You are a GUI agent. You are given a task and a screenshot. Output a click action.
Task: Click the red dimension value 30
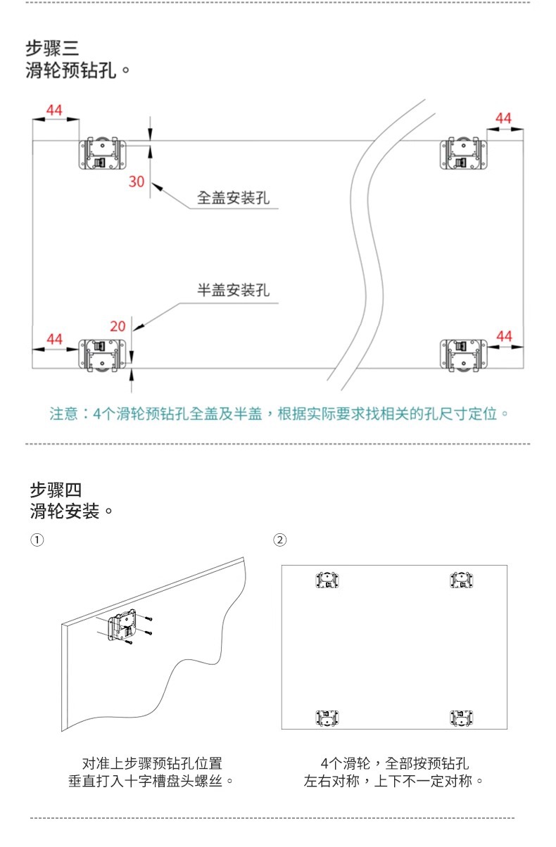point(137,181)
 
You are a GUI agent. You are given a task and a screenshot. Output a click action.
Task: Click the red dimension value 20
point(118,326)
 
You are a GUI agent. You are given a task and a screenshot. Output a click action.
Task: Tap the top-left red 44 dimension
point(54,110)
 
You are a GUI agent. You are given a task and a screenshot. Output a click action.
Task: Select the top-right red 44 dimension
point(503,118)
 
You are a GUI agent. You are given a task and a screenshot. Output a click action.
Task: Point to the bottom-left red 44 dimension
point(54,339)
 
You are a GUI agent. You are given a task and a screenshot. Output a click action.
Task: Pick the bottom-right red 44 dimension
point(504,336)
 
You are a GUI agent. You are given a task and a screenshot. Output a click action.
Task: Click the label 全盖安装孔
point(232,198)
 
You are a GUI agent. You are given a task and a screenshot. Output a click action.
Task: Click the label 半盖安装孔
point(232,290)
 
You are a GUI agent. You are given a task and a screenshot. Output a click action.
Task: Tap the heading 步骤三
point(52,49)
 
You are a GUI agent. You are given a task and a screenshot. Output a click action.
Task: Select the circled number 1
point(36,540)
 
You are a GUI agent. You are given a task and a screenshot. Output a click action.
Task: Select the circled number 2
point(280,540)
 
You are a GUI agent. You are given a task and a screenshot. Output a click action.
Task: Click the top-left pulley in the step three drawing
point(103,153)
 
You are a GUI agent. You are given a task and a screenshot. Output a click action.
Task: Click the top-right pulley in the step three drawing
point(464,154)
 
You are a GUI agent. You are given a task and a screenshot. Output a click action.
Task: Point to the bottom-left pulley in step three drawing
point(103,356)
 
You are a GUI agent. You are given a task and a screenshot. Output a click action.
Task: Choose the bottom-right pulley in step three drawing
point(464,356)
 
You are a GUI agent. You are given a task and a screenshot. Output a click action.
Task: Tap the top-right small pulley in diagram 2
point(462,580)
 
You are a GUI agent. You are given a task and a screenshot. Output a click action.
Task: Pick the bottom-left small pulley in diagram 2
point(327,718)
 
